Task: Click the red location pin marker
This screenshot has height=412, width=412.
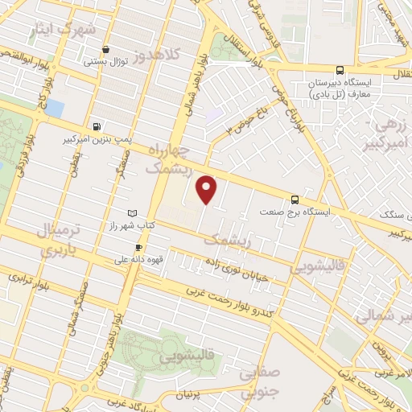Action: coord(208,190)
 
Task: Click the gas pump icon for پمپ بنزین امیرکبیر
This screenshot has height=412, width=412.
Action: coord(97,126)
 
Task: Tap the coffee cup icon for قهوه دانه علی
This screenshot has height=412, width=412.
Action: coord(138,247)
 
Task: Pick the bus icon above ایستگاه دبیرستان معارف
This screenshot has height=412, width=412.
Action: coord(340,70)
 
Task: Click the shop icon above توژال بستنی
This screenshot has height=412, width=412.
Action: coord(106,48)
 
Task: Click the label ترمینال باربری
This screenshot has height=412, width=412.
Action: coord(57,242)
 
